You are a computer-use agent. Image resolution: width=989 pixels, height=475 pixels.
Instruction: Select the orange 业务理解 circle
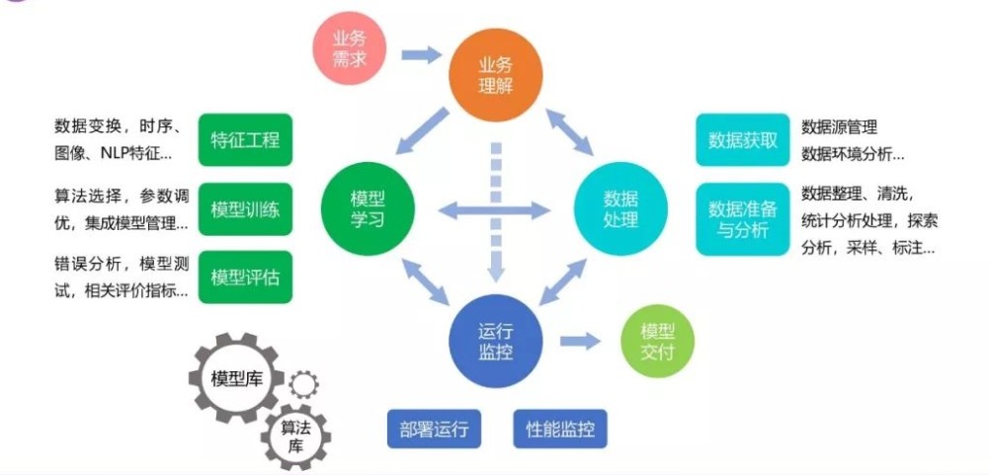496,75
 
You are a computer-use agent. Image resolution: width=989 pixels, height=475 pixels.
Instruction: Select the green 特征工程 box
245,139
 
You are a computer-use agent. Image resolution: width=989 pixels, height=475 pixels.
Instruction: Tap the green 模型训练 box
245,208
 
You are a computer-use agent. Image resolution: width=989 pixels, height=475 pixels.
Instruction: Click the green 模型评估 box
245,277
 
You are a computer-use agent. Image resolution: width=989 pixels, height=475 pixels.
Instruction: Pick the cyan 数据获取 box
743,139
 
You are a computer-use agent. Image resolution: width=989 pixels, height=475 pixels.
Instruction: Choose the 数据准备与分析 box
743,219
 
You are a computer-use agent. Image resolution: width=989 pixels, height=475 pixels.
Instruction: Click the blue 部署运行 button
434,430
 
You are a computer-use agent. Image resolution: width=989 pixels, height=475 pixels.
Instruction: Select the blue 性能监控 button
560,430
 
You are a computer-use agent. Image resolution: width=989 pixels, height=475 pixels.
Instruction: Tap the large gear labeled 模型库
235,379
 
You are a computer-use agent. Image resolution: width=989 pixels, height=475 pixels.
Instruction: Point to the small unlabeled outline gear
303,383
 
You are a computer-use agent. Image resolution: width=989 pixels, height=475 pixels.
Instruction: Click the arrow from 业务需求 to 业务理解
422,55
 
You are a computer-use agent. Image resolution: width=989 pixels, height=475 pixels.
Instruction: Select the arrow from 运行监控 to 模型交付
581,341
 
